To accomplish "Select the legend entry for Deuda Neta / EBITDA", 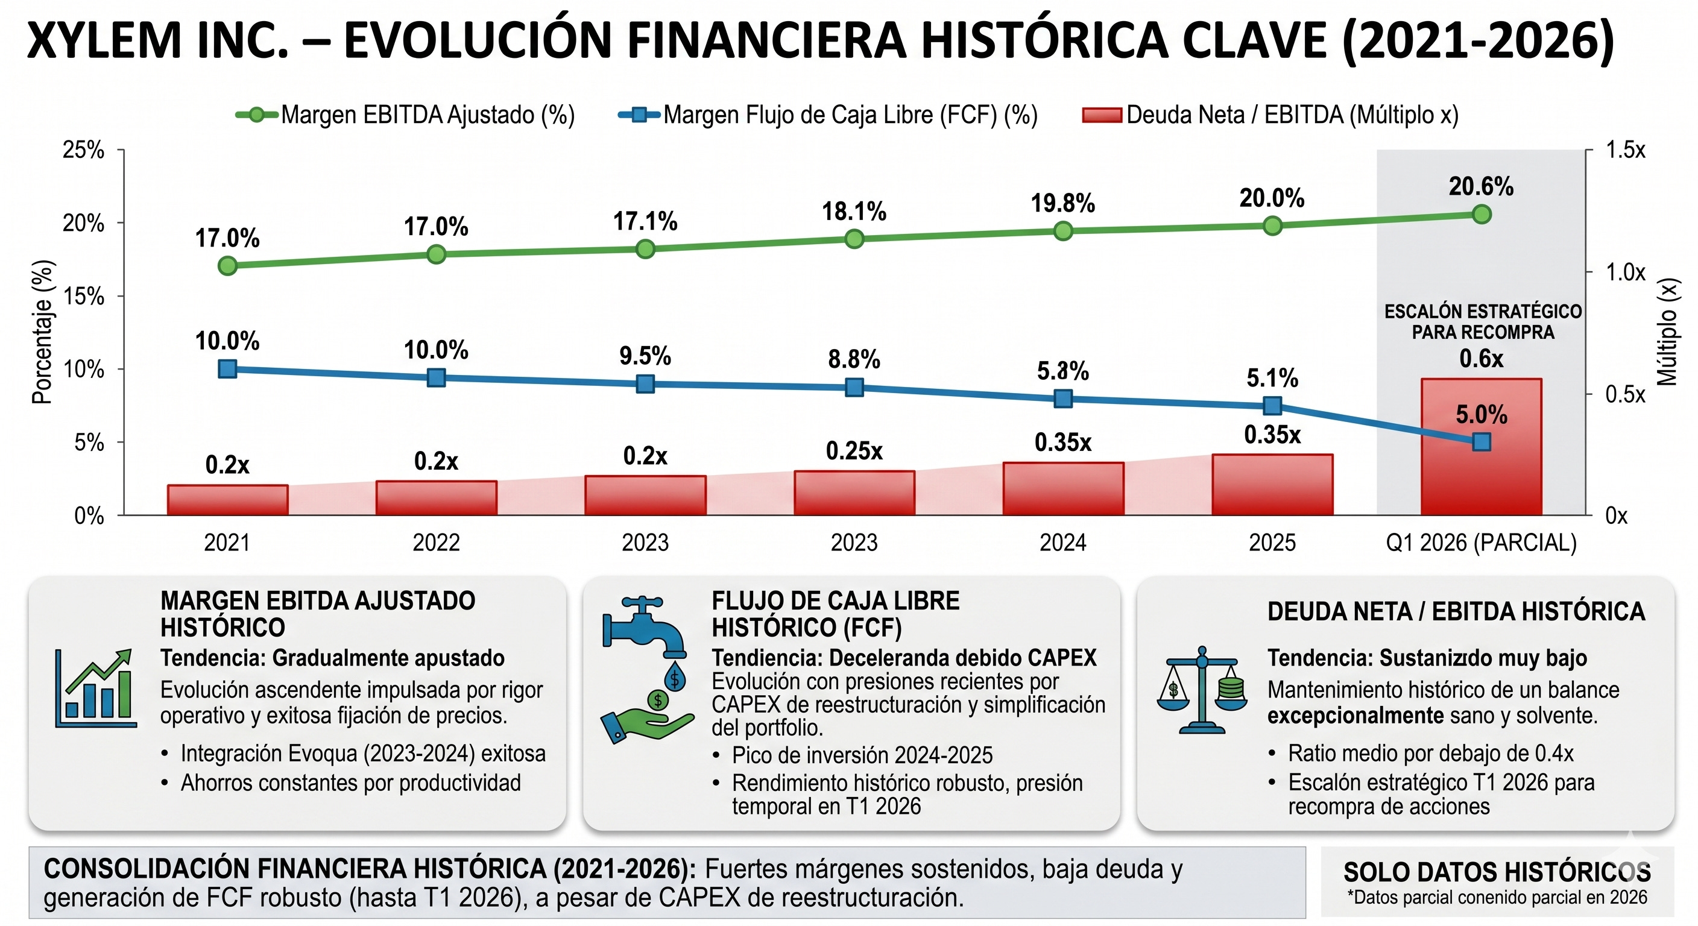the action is pos(1270,115).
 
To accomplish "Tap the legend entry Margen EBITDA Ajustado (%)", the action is pos(405,115).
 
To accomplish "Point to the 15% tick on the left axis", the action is pos(83,296).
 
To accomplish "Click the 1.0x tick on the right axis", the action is pos(1625,271).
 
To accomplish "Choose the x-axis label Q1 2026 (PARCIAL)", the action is pos(1481,543).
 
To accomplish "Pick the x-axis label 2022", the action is pos(437,543).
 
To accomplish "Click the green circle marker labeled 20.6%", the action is pos(1482,214).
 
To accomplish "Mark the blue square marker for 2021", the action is pos(227,368).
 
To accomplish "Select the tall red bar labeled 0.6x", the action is pos(1481,446).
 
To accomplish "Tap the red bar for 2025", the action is pos(1272,485).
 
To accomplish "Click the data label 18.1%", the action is pos(854,212).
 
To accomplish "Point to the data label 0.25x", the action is pos(854,451).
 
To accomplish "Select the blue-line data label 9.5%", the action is pos(645,356).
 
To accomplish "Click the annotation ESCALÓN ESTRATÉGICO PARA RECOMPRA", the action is pos(1483,322).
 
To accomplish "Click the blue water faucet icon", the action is pos(645,629).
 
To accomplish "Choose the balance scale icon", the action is pos(1202,690).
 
